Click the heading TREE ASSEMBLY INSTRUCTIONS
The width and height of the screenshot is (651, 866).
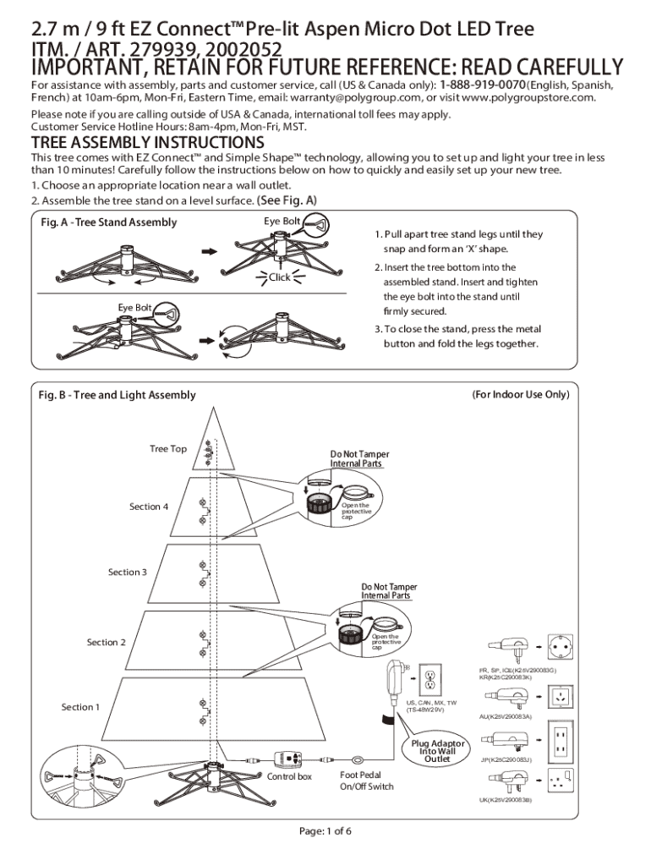tap(148, 142)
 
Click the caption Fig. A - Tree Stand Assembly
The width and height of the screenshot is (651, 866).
tap(108, 222)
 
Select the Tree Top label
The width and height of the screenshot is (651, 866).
tap(168, 449)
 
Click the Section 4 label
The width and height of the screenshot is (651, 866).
tap(149, 507)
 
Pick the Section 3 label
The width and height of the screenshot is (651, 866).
tap(127, 573)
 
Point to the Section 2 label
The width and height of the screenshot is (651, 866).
tap(106, 643)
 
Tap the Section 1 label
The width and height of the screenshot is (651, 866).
tap(80, 707)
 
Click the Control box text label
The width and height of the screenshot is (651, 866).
tap(289, 776)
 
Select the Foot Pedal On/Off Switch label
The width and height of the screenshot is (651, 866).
tap(366, 781)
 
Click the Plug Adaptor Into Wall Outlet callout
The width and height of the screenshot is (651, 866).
tap(437, 751)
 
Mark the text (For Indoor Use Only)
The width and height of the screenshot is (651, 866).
tap(520, 395)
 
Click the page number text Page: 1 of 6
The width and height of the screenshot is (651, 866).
tap(325, 830)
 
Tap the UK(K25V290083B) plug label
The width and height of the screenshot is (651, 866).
tap(505, 799)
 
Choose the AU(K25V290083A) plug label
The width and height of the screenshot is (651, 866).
tap(505, 717)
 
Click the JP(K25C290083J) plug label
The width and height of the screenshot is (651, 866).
tap(505, 759)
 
